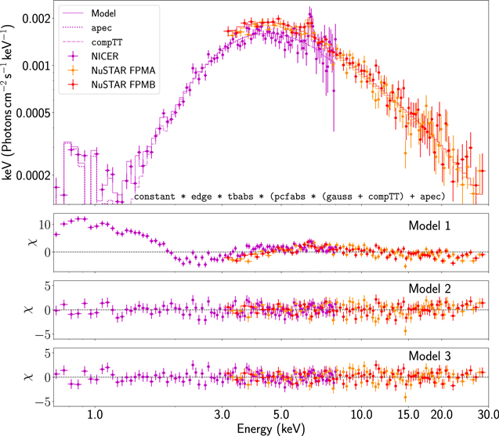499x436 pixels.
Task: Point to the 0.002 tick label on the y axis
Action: coord(36,19)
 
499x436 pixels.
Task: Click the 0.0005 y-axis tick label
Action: coord(34,113)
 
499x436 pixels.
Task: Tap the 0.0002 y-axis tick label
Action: coord(34,175)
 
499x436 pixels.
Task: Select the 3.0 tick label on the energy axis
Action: coord(222,415)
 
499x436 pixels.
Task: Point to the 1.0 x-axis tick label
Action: coord(95,415)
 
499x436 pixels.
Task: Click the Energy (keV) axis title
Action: coord(271,428)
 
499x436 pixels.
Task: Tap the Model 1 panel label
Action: coord(429,225)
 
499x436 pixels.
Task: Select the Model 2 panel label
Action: coord(429,288)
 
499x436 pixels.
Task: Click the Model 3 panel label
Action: coord(429,355)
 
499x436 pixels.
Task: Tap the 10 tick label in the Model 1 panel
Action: coord(45,225)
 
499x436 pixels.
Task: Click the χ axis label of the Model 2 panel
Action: coord(29,309)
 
